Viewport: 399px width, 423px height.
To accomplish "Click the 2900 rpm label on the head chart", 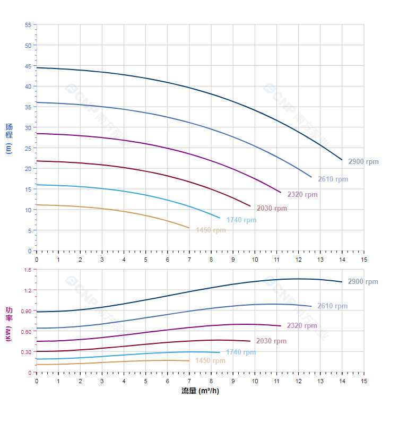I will click(x=363, y=162).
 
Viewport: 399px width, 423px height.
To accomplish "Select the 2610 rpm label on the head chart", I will click(x=333, y=179).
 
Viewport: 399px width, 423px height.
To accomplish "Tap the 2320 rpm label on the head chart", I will click(x=302, y=195).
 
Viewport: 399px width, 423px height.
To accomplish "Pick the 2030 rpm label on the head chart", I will click(x=272, y=209).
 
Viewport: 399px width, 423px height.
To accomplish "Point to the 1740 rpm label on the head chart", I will click(x=241, y=220).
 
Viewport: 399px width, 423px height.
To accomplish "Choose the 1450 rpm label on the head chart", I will click(x=211, y=230).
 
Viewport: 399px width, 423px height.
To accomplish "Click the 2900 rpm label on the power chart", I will click(x=363, y=282).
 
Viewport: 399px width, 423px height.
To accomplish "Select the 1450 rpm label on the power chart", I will click(x=210, y=361).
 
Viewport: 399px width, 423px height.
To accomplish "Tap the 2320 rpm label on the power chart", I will click(x=302, y=326).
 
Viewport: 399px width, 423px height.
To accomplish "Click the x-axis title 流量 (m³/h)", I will click(x=200, y=391).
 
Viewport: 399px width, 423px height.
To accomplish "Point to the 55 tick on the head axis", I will click(x=28, y=25).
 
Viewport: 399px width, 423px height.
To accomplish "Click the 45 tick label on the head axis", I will click(x=28, y=66).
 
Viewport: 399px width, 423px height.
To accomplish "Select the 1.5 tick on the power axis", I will click(x=28, y=270).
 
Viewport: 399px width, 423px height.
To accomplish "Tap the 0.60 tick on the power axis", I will click(x=27, y=331).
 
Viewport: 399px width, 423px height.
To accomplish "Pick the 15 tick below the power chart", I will click(x=363, y=381).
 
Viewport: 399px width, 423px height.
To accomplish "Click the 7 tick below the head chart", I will click(x=189, y=259).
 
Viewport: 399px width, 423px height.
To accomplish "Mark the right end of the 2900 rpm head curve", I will click(x=342, y=159).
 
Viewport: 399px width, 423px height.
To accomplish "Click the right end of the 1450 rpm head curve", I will click(x=189, y=228).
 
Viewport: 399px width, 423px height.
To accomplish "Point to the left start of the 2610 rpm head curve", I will click(x=37, y=102).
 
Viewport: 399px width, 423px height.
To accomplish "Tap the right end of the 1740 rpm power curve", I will click(x=219, y=352).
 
